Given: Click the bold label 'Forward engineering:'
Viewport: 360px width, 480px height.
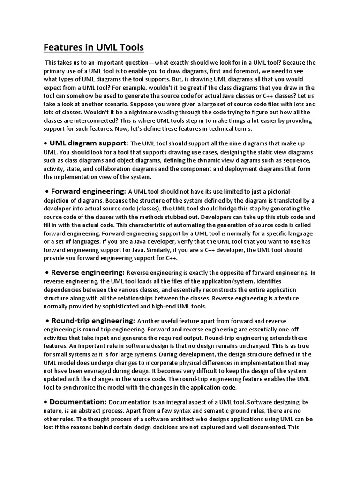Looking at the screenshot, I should pyautogui.click(x=89, y=191).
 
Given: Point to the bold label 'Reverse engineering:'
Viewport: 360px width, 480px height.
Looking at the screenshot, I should pyautogui.click(x=88, y=272).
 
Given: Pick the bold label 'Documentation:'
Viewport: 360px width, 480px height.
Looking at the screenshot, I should pyautogui.click(x=78, y=402).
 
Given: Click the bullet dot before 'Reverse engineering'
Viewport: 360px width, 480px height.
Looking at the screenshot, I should pyautogui.click(x=47, y=272).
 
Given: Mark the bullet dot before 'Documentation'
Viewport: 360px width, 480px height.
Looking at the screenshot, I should pyautogui.click(x=45, y=402).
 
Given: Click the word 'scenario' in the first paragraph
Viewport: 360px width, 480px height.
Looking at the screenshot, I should pyautogui.click(x=145, y=104).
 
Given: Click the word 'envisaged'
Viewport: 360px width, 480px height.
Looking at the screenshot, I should pyautogui.click(x=112, y=371).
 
